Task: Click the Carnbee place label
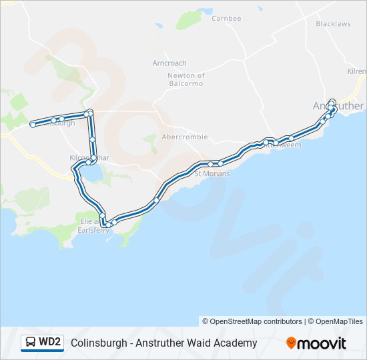click(x=226, y=19)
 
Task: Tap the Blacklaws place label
click(x=333, y=24)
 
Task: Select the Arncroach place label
click(x=169, y=63)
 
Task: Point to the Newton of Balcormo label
click(x=186, y=80)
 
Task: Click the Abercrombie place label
click(x=185, y=137)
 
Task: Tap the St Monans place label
click(x=212, y=173)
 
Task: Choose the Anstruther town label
click(x=338, y=106)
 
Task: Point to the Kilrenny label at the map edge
click(x=357, y=71)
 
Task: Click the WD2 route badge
click(x=42, y=343)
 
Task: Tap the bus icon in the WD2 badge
click(x=31, y=343)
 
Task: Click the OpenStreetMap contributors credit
click(x=252, y=321)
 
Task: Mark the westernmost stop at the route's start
click(x=32, y=124)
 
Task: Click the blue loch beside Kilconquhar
click(x=93, y=175)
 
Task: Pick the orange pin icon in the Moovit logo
click(x=291, y=343)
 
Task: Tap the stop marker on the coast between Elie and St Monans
click(x=157, y=199)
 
